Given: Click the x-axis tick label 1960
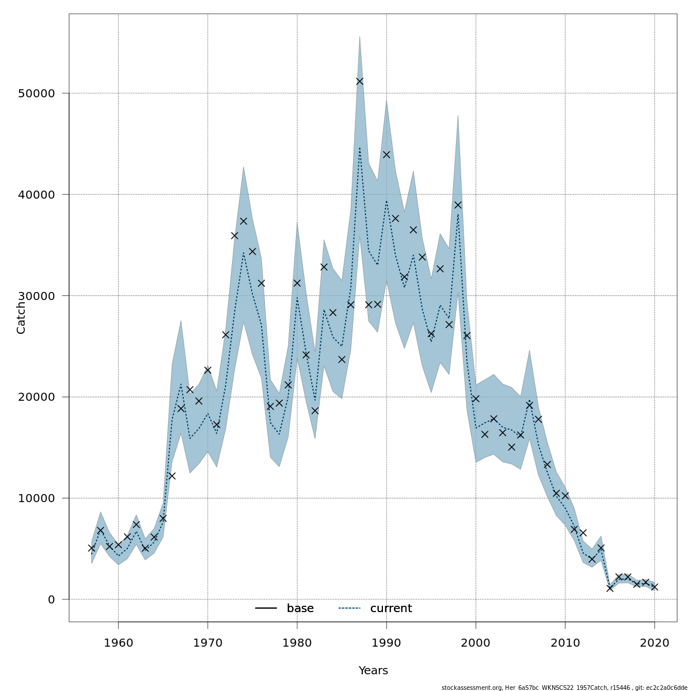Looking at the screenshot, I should click(118, 642).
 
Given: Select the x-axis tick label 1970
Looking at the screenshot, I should click(207, 642).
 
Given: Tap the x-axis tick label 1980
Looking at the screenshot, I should click(297, 642).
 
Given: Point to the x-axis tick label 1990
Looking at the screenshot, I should click(386, 642).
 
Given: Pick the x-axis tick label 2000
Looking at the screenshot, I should click(476, 642).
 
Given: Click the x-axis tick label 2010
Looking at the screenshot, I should click(565, 642).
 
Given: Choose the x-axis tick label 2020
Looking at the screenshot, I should click(655, 642).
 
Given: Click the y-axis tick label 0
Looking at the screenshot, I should click(51, 599).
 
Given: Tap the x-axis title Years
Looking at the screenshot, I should click(373, 671).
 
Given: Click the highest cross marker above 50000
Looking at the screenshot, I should click(360, 81).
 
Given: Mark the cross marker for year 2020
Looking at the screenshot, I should click(655, 587).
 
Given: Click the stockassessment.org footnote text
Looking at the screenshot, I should click(564, 688).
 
